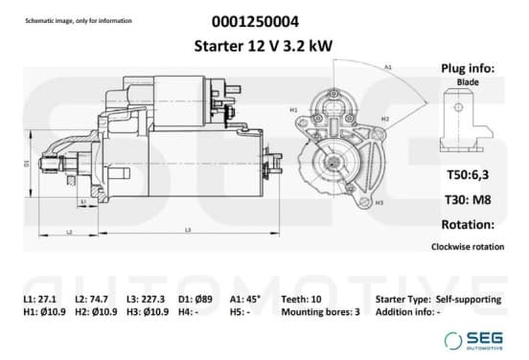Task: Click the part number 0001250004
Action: pos(255,22)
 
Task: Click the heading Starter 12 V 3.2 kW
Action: pos(264,46)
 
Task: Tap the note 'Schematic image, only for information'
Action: pos(79,21)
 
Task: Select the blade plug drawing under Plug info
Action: pos(467,121)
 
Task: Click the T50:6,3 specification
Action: pos(468,175)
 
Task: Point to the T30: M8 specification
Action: pos(468,200)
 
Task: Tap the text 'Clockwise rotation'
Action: pos(468,247)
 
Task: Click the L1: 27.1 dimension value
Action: pos(40,299)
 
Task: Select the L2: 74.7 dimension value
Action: pos(91,299)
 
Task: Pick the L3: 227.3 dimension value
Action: pos(146,299)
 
